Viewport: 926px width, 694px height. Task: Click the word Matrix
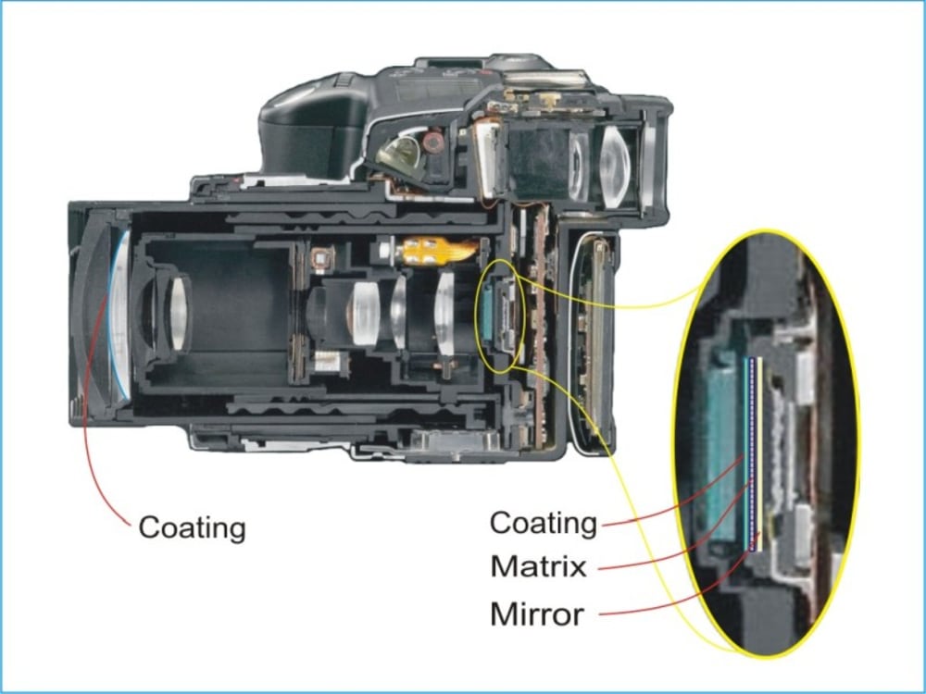(x=538, y=566)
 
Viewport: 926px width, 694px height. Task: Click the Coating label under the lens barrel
(x=192, y=528)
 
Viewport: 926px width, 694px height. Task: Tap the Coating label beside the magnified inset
(x=543, y=523)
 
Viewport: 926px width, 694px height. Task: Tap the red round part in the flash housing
(x=433, y=142)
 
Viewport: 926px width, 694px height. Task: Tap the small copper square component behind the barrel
(x=321, y=258)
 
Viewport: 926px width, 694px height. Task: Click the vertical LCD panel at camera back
(x=594, y=342)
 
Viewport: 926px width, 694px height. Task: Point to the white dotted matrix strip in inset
(x=752, y=453)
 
